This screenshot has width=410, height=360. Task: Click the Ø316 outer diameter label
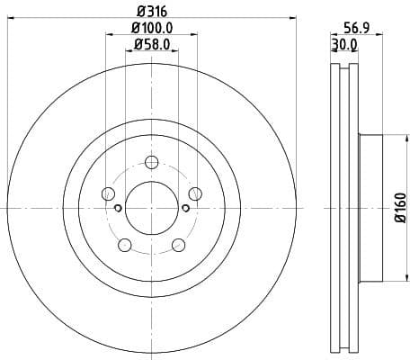(x=152, y=12)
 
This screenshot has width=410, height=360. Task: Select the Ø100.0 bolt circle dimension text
(x=152, y=29)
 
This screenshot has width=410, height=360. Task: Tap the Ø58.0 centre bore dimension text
(x=152, y=44)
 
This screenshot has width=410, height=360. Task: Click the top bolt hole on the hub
(x=151, y=162)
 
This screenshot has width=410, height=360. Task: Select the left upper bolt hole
(x=109, y=193)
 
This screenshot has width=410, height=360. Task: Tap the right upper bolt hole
(x=194, y=193)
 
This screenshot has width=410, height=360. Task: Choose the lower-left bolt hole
(x=125, y=244)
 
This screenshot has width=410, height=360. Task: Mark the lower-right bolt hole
(x=178, y=244)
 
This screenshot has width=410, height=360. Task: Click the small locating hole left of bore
(x=118, y=209)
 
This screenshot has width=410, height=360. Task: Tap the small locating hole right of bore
(x=185, y=209)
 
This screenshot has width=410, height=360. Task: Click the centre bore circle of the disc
(x=151, y=209)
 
